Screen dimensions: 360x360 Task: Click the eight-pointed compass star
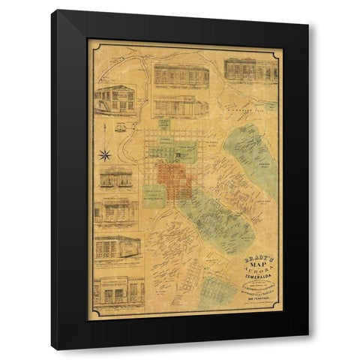coord(105,155)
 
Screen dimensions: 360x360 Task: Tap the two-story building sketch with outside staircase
coord(114,97)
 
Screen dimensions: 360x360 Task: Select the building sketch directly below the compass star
coord(115,178)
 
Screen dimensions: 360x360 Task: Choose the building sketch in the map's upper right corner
coord(250,70)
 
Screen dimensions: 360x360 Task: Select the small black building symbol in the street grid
coord(178,154)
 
